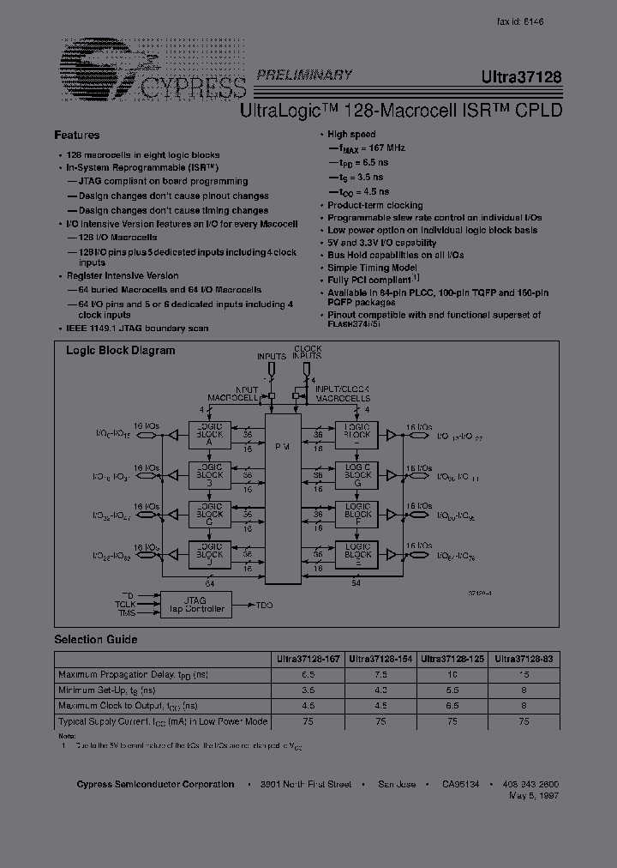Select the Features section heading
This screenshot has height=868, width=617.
(77, 135)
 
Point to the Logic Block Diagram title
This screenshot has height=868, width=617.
(121, 350)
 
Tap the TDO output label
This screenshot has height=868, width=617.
(264, 605)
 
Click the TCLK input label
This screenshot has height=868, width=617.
(126, 604)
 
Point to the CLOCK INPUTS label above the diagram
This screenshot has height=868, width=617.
(308, 353)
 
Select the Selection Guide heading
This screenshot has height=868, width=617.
(96, 640)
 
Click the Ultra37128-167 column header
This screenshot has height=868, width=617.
(308, 658)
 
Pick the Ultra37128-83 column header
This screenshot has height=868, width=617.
(523, 658)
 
